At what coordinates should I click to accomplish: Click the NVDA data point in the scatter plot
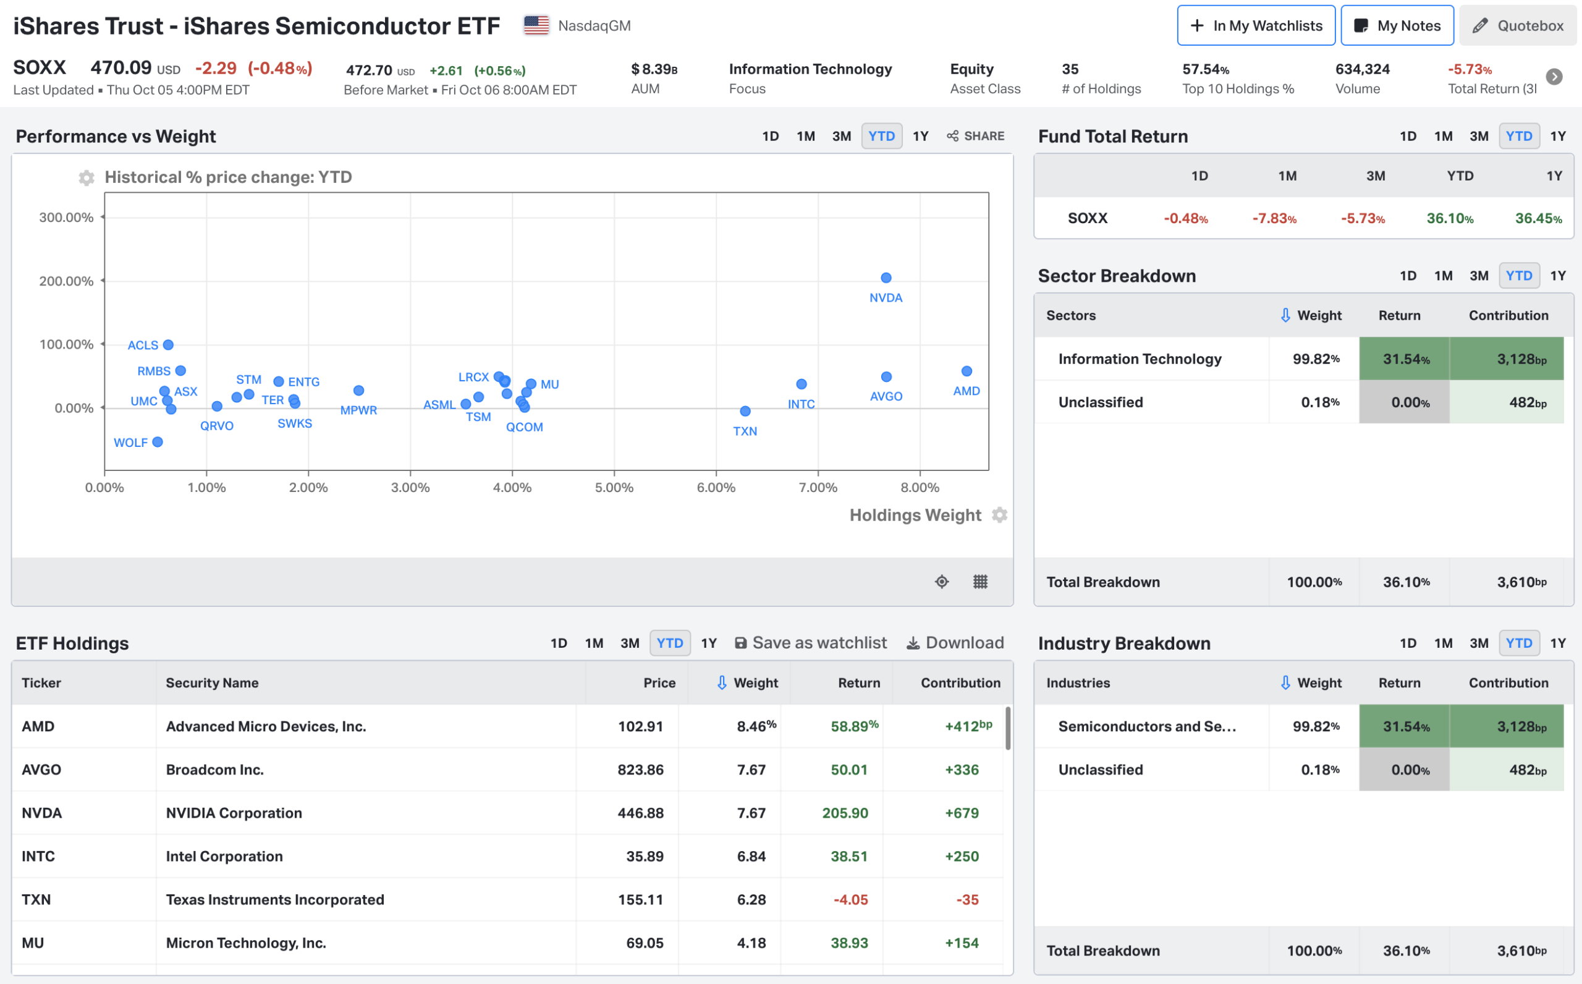point(886,278)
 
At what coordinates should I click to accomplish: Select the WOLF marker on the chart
point(158,442)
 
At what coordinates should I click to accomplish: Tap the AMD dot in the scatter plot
point(967,371)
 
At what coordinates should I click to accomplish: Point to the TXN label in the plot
point(745,431)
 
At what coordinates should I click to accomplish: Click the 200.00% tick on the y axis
point(66,281)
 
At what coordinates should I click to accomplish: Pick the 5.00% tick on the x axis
point(614,488)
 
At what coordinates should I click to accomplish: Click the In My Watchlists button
point(1256,25)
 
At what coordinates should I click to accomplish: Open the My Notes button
point(1397,25)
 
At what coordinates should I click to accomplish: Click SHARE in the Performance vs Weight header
point(976,136)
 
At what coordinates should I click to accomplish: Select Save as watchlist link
point(811,643)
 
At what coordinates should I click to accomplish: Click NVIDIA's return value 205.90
point(844,813)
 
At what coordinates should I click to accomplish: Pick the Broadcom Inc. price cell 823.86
point(640,770)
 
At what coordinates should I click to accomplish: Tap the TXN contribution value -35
point(967,899)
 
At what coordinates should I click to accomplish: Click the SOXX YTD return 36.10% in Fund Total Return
point(1449,219)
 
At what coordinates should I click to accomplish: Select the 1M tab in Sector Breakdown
point(1443,276)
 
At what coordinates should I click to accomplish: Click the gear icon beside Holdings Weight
point(999,515)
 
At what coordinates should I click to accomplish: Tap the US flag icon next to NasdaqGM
point(536,25)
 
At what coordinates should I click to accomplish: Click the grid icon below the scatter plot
point(980,582)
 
